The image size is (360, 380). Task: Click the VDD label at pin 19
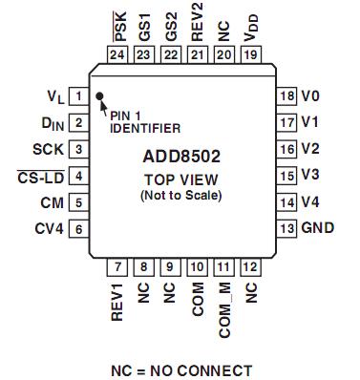point(250,32)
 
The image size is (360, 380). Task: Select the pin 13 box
point(286,229)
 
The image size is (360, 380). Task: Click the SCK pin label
point(47,149)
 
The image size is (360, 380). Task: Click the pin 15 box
point(286,176)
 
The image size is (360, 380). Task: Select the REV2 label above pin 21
point(198,26)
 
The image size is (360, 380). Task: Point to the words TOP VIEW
point(180,179)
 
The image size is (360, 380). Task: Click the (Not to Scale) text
point(180,195)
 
